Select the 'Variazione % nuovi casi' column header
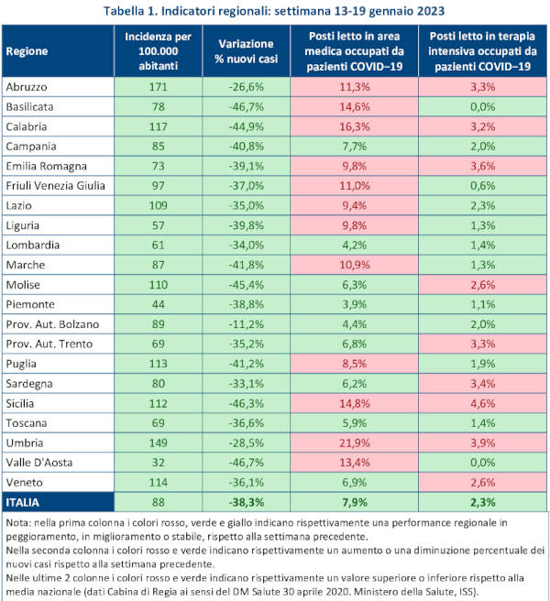244,50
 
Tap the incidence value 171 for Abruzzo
157,87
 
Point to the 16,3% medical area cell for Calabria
355,126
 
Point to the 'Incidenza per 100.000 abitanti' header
157,50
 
